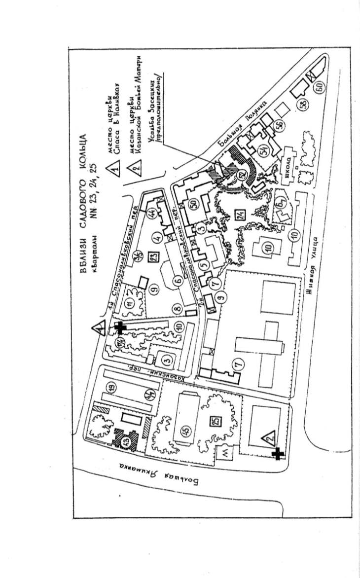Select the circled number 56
(x=280, y=125)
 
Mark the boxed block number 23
(x=152, y=257)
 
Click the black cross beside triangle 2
(x=278, y=453)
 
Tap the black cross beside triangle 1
(x=119, y=327)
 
